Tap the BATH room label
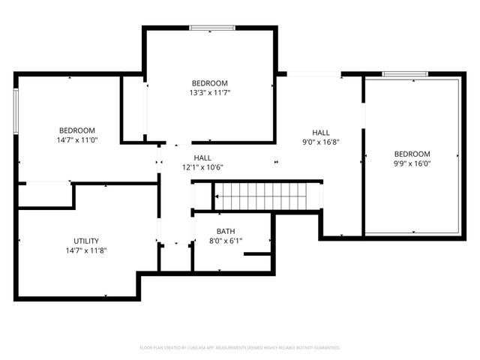point(225,231)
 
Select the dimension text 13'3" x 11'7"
point(210,92)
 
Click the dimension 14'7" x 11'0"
point(76,139)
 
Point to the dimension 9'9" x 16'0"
point(412,163)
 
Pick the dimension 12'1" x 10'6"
point(202,167)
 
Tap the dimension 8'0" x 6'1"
point(225,241)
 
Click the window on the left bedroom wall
point(16,112)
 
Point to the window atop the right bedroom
point(405,74)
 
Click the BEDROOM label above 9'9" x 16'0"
point(412,154)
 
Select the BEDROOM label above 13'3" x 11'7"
point(210,82)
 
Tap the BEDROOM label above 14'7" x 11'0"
point(76,130)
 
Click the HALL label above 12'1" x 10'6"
point(202,157)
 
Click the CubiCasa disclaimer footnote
point(240,348)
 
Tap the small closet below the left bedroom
point(45,195)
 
